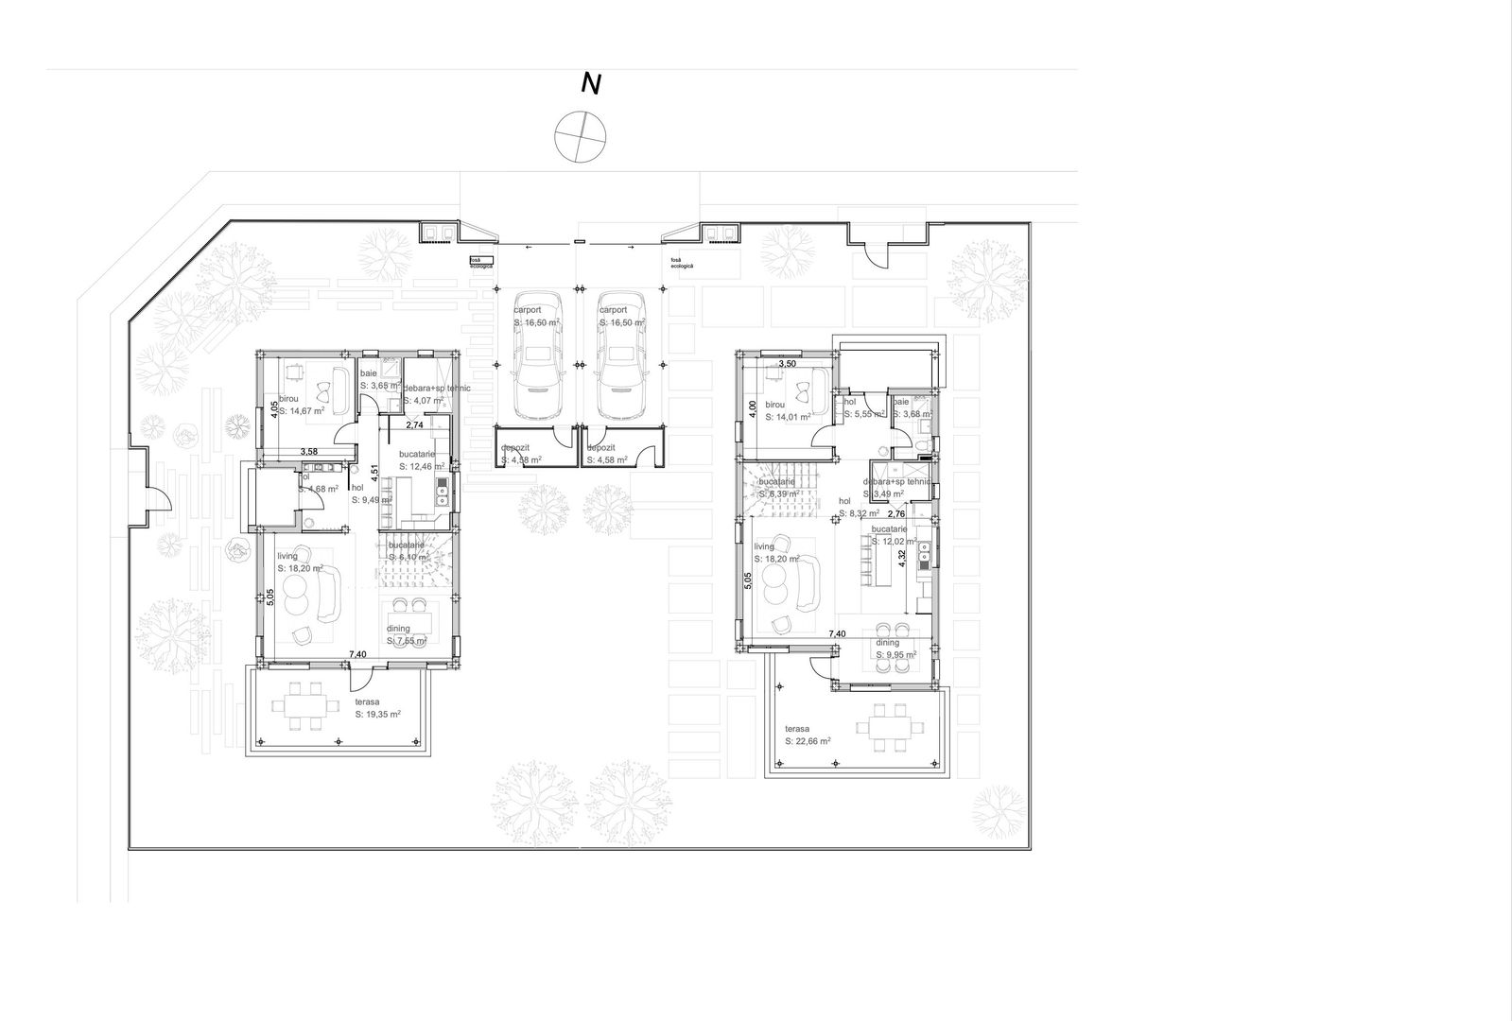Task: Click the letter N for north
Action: coord(591,84)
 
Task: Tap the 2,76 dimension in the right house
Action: coord(895,513)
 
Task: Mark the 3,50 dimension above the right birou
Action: coord(787,363)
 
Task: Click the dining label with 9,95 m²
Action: coord(895,649)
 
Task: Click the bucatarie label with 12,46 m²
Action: coord(421,460)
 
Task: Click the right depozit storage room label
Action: coord(606,454)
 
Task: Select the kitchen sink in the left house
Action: coord(442,490)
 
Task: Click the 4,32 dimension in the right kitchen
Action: coord(903,558)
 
